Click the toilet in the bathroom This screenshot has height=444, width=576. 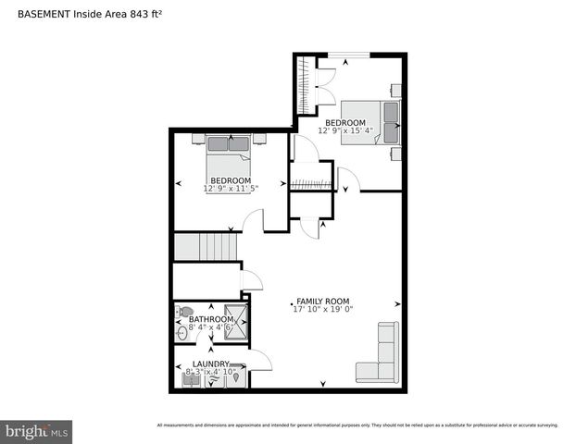184,312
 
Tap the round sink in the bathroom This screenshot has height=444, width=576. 182,330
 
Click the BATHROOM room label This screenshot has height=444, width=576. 211,319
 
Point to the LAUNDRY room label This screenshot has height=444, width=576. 210,364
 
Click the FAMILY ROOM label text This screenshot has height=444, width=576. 323,301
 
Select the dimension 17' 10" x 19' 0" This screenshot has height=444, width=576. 323,309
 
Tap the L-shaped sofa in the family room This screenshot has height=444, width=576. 379,355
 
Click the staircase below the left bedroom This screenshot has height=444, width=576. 207,247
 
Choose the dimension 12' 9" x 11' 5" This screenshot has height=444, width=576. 231,189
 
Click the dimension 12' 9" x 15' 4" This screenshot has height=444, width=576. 344,130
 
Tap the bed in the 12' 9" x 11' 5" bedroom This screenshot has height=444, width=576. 229,150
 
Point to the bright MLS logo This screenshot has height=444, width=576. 37,431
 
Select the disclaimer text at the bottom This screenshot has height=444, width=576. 357,425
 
